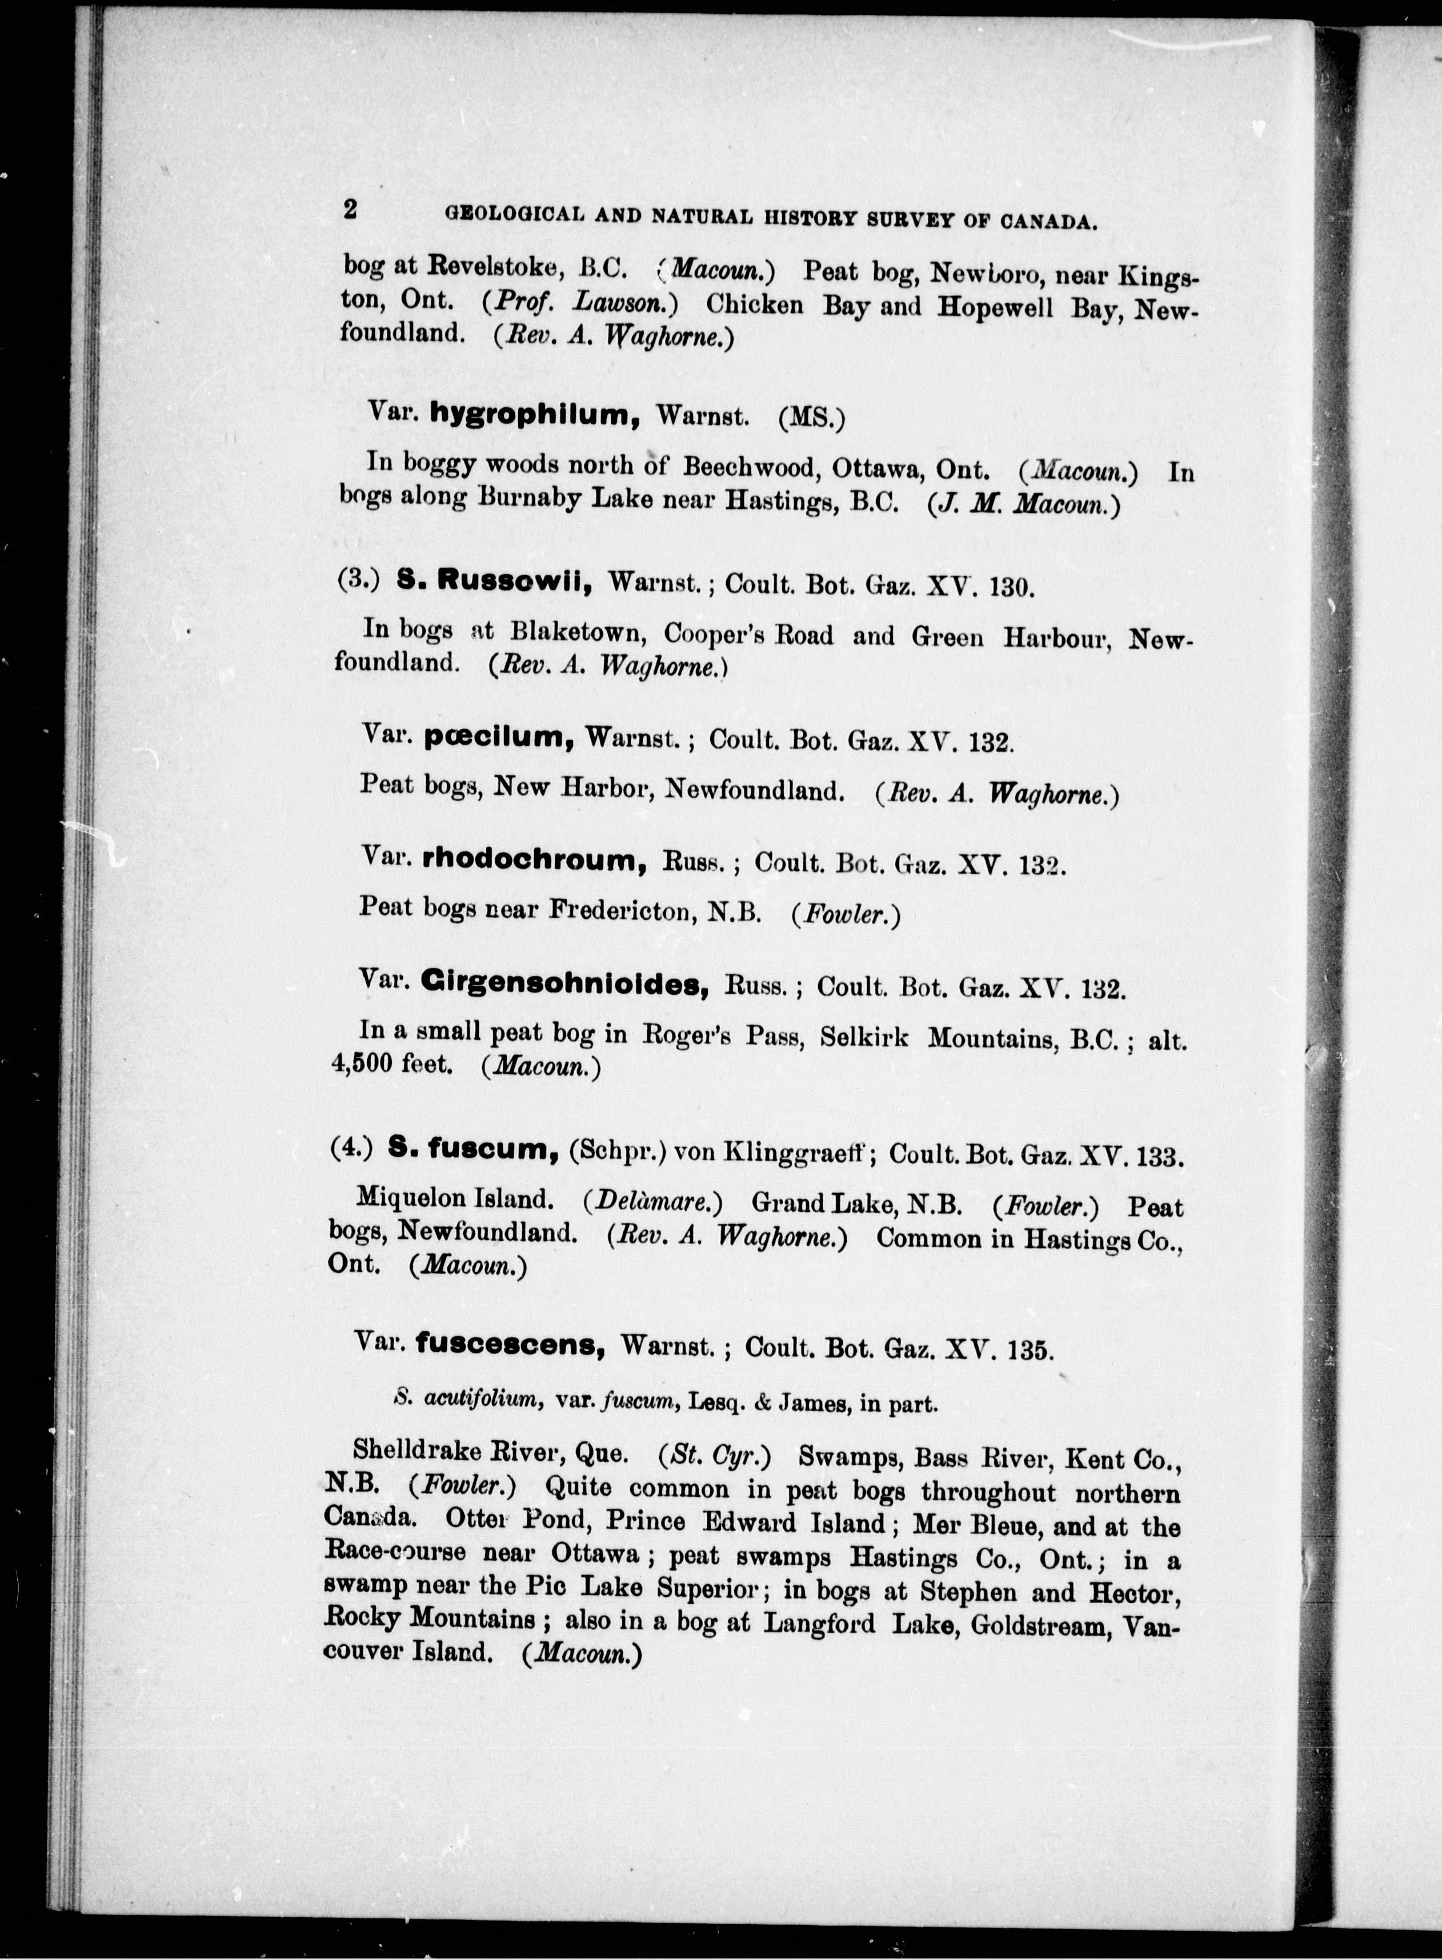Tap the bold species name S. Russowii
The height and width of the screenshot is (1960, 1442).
[495, 580]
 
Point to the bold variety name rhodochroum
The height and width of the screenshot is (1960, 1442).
[534, 861]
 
